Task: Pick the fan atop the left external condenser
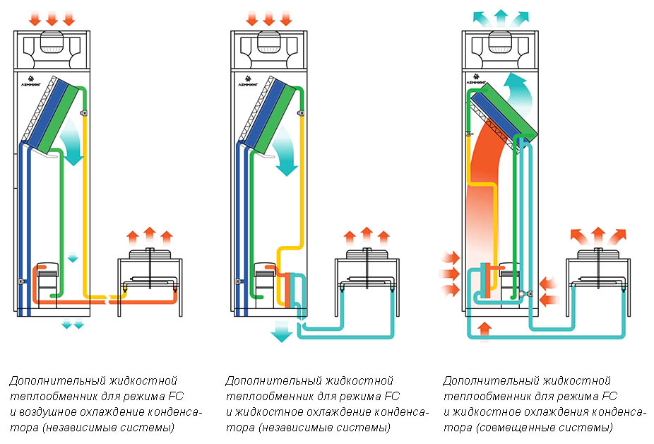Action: (x=148, y=252)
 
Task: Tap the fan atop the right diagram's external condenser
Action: (x=597, y=253)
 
